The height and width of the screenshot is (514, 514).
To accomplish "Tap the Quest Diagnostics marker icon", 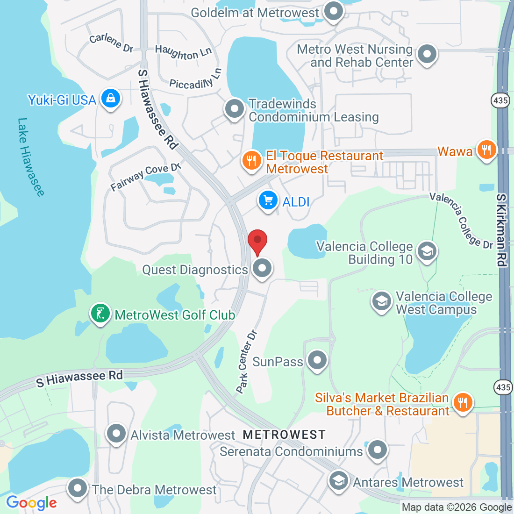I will coord(262,268).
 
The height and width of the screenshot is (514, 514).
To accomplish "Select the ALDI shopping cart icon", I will coord(268,201).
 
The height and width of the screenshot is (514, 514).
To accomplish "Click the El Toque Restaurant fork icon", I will coord(252,161).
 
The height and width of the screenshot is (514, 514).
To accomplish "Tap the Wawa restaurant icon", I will coord(487,150).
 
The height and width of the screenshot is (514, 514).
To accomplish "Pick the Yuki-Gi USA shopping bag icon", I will coord(111,98).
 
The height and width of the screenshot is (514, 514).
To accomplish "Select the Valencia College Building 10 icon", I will coord(427,251).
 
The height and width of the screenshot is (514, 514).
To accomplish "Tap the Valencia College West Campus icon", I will coord(382,301).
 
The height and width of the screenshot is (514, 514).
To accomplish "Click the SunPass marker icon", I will coord(318,360).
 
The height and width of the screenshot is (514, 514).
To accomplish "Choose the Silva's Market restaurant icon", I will coord(463,402).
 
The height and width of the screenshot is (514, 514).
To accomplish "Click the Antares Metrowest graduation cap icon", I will coord(338,480).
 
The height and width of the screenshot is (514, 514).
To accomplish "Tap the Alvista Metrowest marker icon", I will coord(116,434).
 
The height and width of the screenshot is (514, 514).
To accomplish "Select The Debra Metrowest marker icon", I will coord(78,488).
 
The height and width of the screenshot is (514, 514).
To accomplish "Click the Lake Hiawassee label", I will coord(31,157).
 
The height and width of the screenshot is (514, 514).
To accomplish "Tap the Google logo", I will coord(31,503).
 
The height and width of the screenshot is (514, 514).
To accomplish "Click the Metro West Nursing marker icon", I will coord(427,54).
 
